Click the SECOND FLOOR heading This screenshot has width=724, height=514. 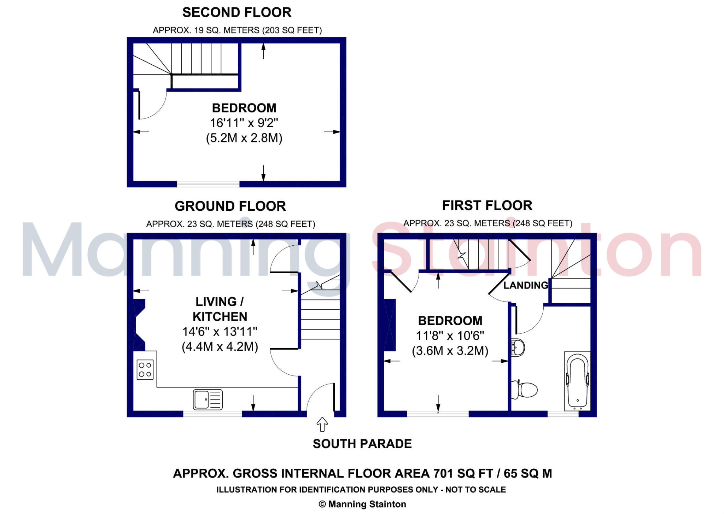237,12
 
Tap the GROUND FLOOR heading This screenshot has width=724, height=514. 230,206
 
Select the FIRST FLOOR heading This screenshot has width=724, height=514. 487,205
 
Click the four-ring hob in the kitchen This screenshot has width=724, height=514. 145,369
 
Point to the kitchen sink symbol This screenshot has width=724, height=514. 208,399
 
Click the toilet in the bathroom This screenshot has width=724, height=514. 525,390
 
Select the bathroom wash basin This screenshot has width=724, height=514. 518,347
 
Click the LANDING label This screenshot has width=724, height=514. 526,285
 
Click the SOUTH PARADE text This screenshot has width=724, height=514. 362,444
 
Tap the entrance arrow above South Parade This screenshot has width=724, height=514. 322,424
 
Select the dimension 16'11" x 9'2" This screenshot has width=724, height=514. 244,123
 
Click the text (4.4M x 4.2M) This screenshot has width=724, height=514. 220,346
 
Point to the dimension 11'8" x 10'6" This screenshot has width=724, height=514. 450,335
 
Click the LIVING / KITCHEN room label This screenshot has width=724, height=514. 220,309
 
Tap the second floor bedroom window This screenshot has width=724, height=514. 208,184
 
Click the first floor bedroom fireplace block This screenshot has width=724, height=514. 390,325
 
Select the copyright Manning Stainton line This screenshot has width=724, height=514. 362,504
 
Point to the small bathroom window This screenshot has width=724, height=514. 563,414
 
